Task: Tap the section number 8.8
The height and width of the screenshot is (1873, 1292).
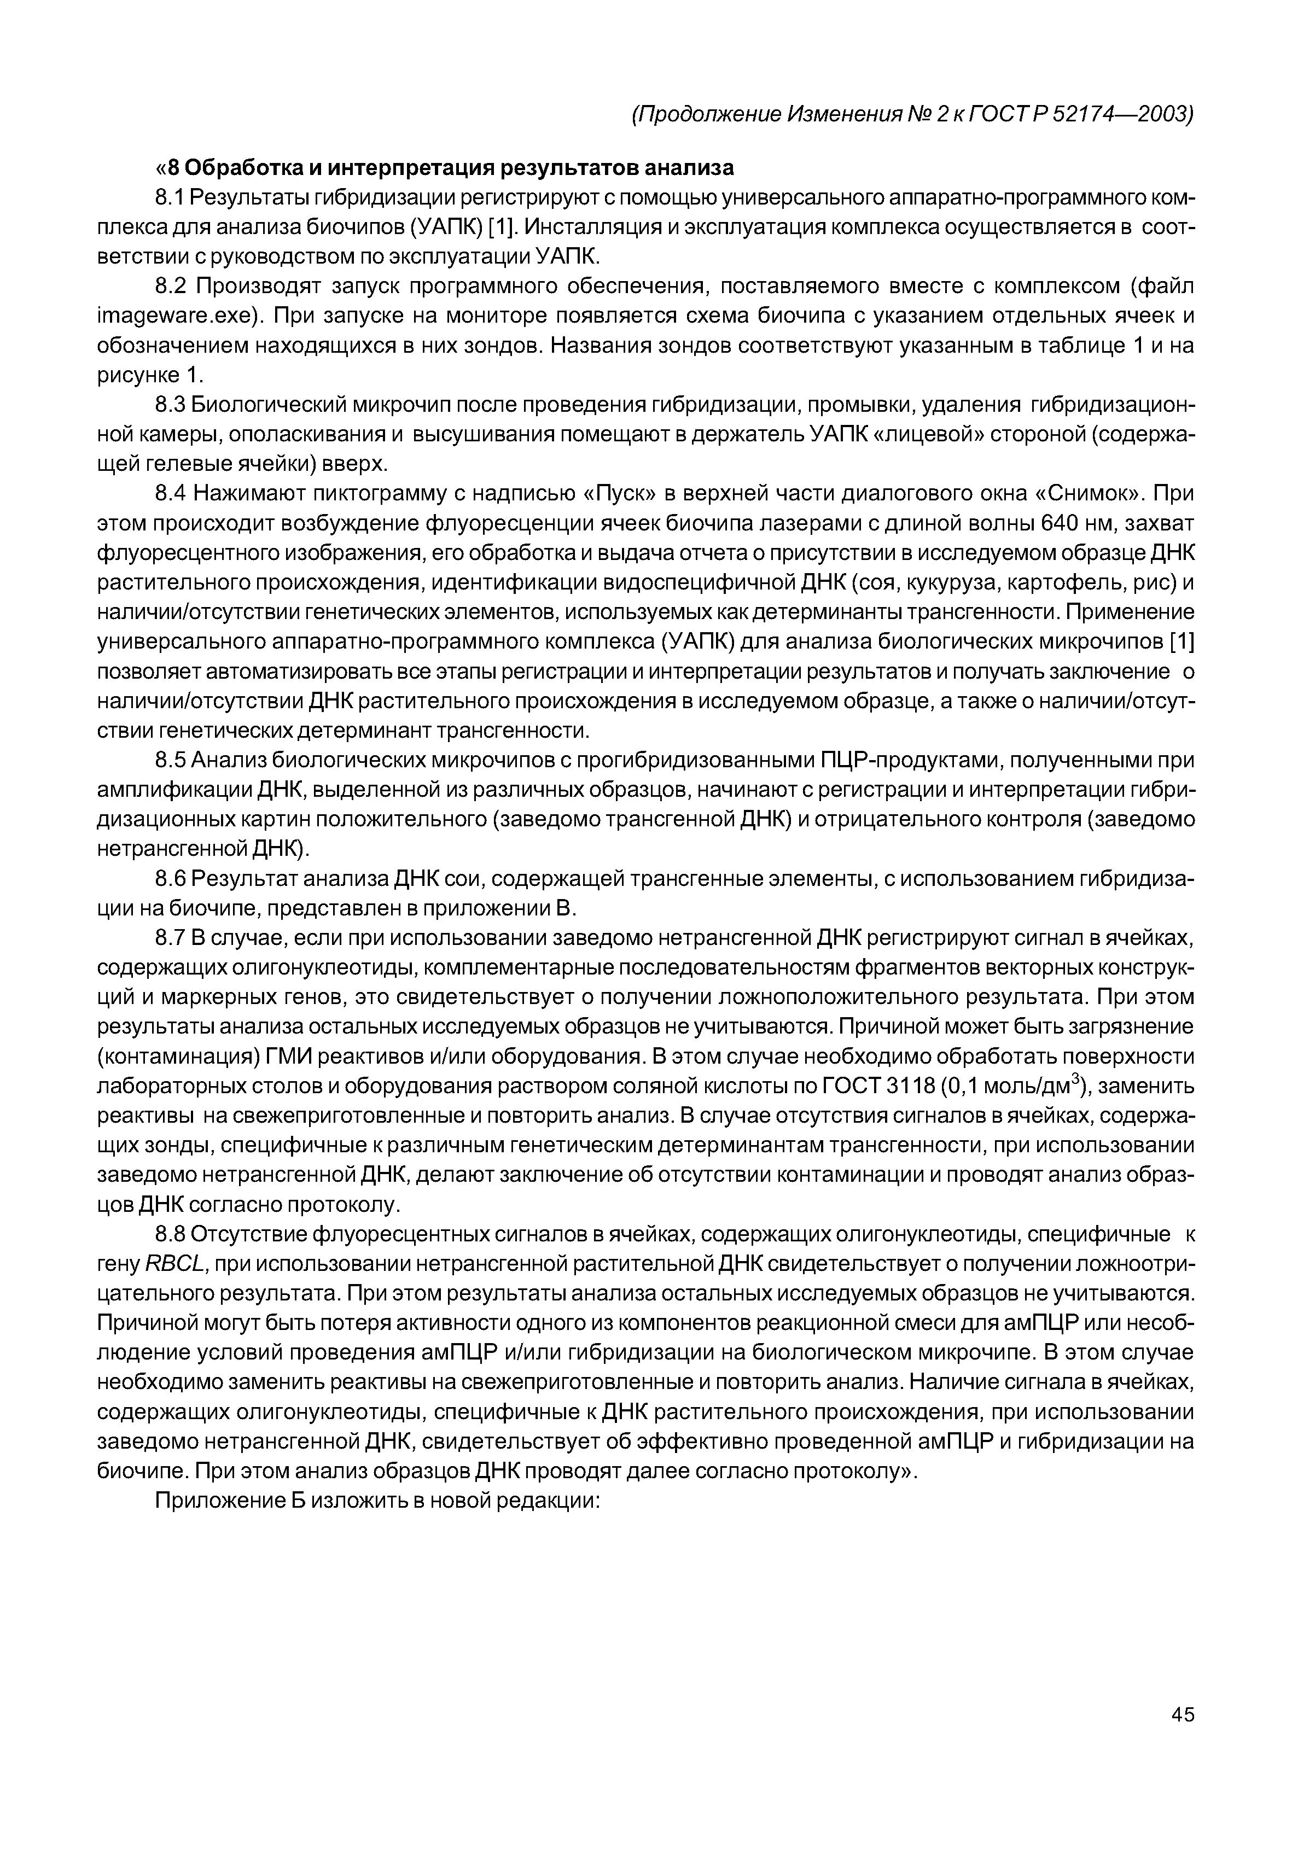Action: pos(171,1234)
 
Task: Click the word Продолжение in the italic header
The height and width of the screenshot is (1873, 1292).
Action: pos(707,114)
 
